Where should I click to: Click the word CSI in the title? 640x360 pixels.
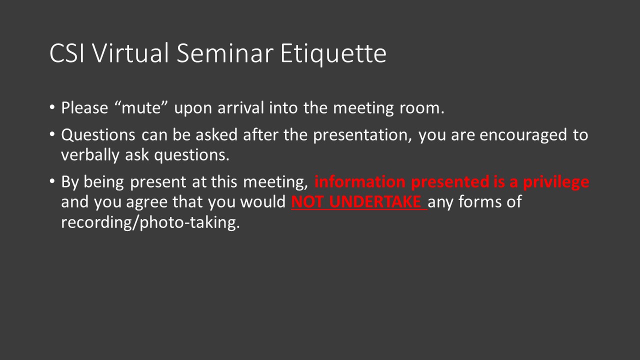66,54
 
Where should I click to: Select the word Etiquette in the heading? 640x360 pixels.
333,54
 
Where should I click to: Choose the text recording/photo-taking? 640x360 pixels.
150,222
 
